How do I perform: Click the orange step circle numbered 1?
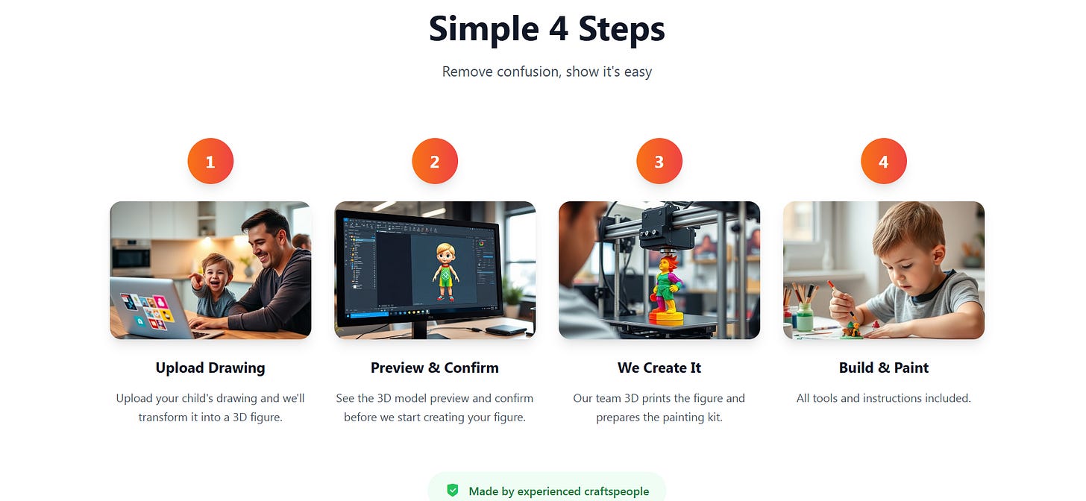tap(210, 161)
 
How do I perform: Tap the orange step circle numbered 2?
tap(435, 161)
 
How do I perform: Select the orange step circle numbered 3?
tap(659, 161)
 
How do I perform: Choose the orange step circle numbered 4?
tap(884, 161)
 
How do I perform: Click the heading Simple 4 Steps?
tap(547, 29)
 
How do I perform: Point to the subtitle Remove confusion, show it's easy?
tap(547, 72)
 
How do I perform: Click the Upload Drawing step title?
tap(210, 368)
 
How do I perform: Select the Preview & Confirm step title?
tap(435, 368)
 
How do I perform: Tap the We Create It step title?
tap(659, 368)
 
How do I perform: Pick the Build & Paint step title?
tap(884, 368)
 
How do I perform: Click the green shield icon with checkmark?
tap(452, 491)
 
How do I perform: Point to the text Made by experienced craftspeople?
tap(559, 491)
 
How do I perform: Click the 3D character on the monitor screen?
tap(445, 271)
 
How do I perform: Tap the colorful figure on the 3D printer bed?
tap(667, 290)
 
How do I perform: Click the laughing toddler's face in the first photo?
tap(216, 274)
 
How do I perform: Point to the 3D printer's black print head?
tap(665, 227)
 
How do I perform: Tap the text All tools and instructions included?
tap(884, 398)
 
